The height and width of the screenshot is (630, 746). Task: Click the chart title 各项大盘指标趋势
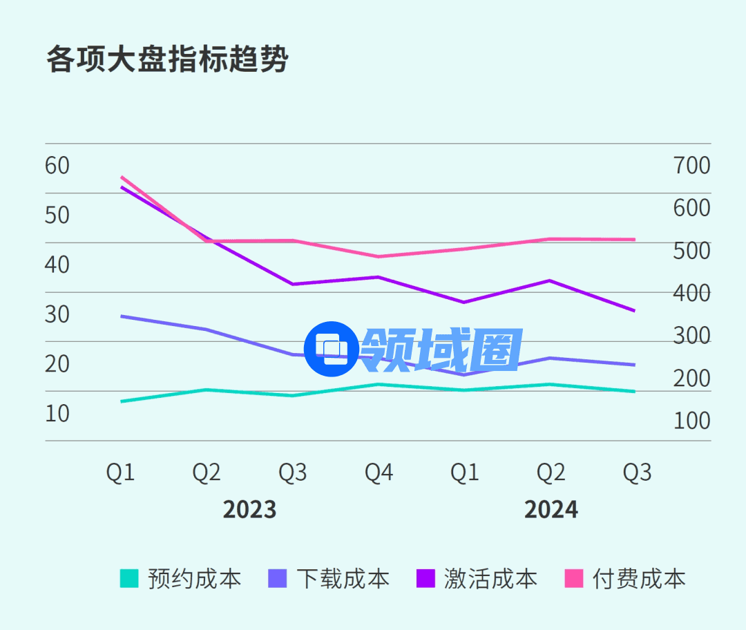(x=166, y=60)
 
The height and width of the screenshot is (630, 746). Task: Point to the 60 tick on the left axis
(x=57, y=166)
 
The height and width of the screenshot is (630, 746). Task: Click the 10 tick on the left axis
(x=57, y=413)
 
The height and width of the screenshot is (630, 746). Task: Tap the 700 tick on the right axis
(x=691, y=166)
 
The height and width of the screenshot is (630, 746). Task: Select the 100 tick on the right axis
(x=691, y=421)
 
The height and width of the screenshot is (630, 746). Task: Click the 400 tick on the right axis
(x=691, y=293)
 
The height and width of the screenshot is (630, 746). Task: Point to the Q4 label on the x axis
(x=379, y=472)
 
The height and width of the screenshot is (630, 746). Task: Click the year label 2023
(x=249, y=510)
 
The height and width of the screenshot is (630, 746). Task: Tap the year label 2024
(x=551, y=510)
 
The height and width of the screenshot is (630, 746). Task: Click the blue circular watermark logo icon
(x=330, y=350)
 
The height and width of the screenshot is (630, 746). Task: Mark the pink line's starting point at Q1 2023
(x=122, y=177)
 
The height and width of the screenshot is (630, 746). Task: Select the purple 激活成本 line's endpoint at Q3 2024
(x=635, y=311)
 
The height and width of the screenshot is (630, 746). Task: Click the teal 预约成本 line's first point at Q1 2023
(x=122, y=401)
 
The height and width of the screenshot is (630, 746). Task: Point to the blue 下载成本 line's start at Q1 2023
(x=122, y=316)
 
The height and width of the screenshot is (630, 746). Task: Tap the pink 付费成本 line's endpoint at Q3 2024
(x=635, y=240)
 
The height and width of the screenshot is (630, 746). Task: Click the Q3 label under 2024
(x=637, y=472)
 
